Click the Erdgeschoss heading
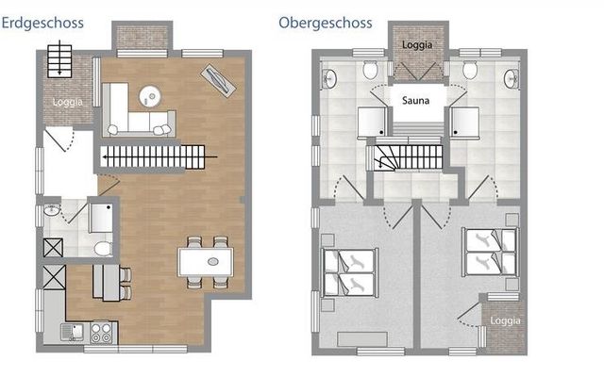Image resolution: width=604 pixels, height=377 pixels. pos(42,23)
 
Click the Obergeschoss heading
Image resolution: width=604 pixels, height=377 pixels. pos(326,23)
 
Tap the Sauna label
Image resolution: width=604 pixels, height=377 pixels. pos(415,101)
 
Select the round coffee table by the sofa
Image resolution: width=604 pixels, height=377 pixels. pos(150,96)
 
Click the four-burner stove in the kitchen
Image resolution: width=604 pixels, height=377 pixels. pos(101,333)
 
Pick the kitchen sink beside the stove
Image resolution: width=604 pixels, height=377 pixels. pos(73,332)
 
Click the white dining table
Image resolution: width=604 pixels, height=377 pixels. pos(206,262)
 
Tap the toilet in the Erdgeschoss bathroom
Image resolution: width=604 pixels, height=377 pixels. pos(103,249)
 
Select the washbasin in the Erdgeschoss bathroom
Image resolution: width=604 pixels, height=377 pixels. pos(51,210)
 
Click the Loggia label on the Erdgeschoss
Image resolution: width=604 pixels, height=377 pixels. pos(68,102)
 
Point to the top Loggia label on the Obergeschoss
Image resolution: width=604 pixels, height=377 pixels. pos(417,45)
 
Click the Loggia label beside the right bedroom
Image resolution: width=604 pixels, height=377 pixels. pos(506,320)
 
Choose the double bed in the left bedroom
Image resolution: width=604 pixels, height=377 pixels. pos(349,272)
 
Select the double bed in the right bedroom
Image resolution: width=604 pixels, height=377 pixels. pos(490,252)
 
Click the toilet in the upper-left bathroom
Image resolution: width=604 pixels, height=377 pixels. pos(370,70)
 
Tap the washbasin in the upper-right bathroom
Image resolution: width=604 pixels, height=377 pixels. pos(512,79)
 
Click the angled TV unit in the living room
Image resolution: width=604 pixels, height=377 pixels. pos(218,80)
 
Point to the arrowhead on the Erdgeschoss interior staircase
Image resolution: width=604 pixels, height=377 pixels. pos(105,157)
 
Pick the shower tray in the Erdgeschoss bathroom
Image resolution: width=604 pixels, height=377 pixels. pos(101,218)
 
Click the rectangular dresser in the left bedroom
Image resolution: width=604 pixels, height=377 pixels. pos(362,339)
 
